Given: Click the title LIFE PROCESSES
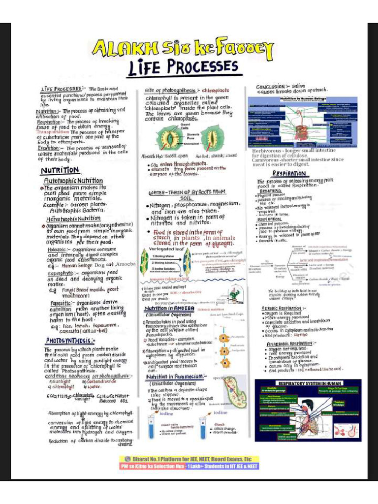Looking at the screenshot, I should click(183, 67).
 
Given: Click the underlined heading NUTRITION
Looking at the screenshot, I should click(60, 170).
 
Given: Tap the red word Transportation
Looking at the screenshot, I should click(53, 132).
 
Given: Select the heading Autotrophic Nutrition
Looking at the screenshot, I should click(73, 181).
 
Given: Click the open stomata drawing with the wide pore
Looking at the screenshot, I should click(170, 137).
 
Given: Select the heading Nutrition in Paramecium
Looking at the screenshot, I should click(175, 377).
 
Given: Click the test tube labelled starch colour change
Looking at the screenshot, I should click(203, 426).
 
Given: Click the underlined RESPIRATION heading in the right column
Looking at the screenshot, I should click(289, 174).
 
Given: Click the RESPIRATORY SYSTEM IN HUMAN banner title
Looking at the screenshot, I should click(308, 383).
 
